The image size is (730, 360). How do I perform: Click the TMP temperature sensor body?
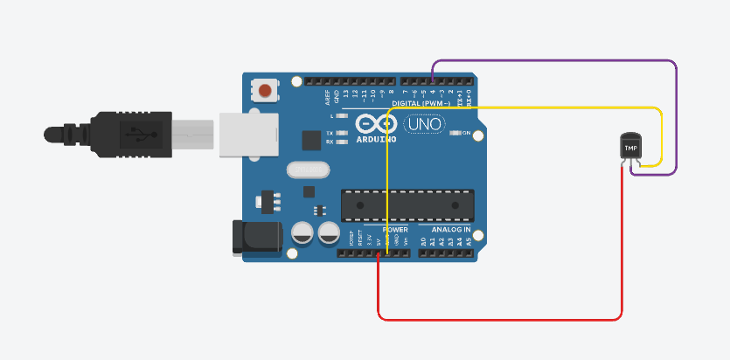pos(629,146)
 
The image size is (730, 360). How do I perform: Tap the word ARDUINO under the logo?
pos(377,138)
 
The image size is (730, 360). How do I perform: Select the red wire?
pos(498,315)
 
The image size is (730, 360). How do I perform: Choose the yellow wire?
pos(525,107)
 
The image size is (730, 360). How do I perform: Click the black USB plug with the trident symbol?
pos(131,134)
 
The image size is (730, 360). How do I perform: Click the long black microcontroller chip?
pos(407,204)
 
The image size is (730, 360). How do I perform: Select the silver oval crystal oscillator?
pos(307,170)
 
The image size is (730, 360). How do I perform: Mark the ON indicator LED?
pos(455,134)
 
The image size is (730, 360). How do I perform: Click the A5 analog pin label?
pos(469,240)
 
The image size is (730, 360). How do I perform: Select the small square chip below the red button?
pos(310,140)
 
